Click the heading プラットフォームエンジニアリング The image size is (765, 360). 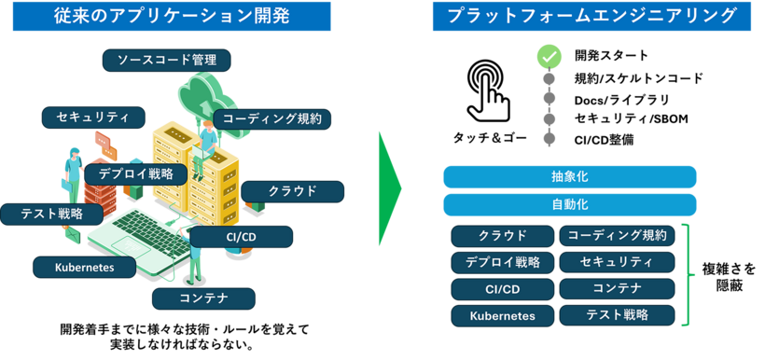pyautogui.click(x=591, y=16)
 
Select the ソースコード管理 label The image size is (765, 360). pyautogui.click(x=167, y=61)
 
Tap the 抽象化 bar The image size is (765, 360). pyautogui.click(x=569, y=176)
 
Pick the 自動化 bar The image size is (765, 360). pyautogui.click(x=569, y=204)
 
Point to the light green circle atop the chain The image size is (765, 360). pyautogui.click(x=549, y=56)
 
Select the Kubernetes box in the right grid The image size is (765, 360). pyautogui.click(x=502, y=315)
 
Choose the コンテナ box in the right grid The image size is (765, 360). pyautogui.click(x=617, y=288)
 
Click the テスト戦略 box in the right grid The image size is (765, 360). pyautogui.click(x=617, y=315)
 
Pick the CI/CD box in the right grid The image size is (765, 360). pyautogui.click(x=502, y=289)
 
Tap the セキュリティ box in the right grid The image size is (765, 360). pyautogui.click(x=617, y=261)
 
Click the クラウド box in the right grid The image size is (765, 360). pyautogui.click(x=502, y=235)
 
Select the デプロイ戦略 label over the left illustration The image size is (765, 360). pyautogui.click(x=135, y=173)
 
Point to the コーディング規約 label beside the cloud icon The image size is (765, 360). pyautogui.click(x=272, y=118)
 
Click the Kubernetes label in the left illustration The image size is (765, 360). pyautogui.click(x=85, y=268)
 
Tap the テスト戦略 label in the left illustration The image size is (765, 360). pyautogui.click(x=50, y=214)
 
